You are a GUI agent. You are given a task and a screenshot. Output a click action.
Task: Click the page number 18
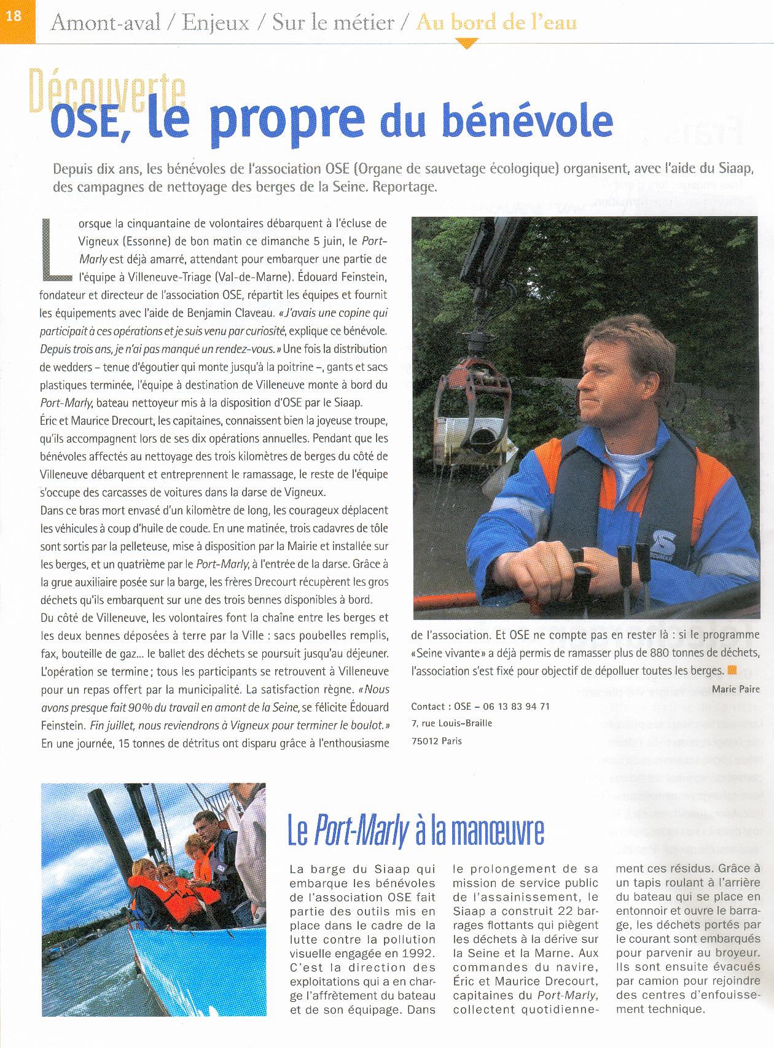pyautogui.click(x=14, y=16)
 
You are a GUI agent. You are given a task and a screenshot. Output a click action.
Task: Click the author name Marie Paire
pyautogui.click(x=735, y=689)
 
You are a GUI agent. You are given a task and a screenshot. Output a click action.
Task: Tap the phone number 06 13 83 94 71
pyautogui.click(x=514, y=706)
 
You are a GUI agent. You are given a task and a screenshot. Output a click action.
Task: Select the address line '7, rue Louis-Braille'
pyautogui.click(x=451, y=723)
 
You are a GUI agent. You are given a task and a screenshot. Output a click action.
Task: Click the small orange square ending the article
pyautogui.click(x=731, y=670)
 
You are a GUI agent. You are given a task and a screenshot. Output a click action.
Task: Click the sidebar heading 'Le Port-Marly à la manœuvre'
pyautogui.click(x=416, y=831)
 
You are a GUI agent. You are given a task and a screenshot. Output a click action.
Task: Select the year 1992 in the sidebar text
pyautogui.click(x=417, y=953)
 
